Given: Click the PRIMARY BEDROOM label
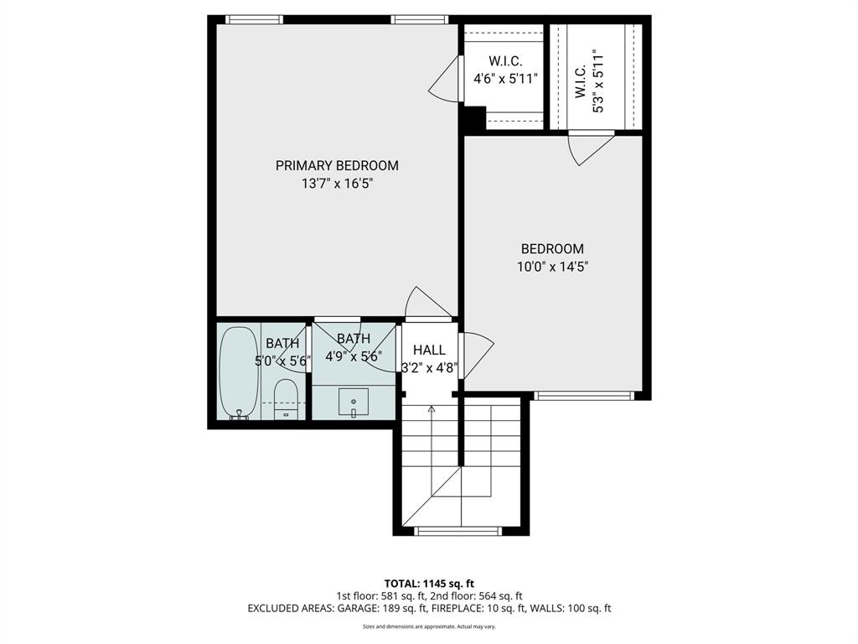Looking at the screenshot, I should [337, 165].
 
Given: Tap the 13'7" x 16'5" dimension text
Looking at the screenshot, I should [337, 184].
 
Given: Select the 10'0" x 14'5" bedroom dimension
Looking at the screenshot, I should [552, 267].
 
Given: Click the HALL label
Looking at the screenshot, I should [429, 350].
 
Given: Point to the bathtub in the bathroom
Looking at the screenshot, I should [239, 371].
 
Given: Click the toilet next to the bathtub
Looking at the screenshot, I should [286, 397].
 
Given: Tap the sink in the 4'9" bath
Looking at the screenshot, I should [354, 403].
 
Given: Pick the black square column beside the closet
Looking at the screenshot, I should [473, 119].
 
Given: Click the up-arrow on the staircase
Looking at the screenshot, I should [432, 410].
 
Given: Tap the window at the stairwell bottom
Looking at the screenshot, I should [458, 530].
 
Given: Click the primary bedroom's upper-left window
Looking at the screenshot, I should [254, 19].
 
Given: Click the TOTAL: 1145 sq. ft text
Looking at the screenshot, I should [429, 584].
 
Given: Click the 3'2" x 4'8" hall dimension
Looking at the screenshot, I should [429, 366].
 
